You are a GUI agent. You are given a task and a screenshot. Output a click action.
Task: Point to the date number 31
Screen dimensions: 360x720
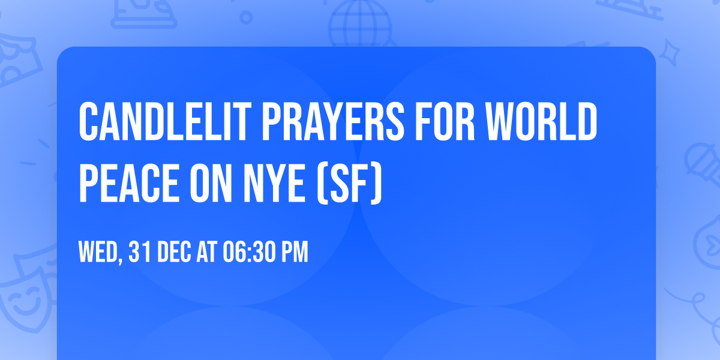point(140,253)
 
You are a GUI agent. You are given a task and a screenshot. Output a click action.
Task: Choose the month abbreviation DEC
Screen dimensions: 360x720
point(175,253)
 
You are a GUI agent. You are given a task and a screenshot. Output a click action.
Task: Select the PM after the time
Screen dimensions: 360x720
point(295,253)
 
